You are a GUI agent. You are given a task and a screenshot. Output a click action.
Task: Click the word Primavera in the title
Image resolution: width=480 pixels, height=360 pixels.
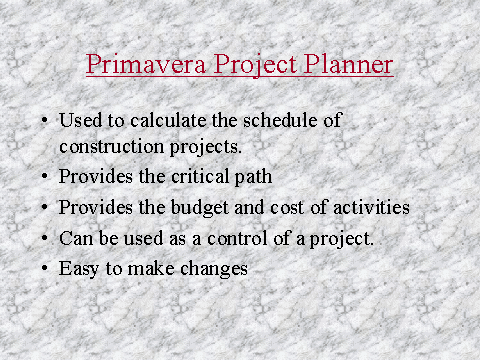click(x=133, y=65)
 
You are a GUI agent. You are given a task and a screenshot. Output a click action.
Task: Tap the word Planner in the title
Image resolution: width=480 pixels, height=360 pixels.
click(x=351, y=65)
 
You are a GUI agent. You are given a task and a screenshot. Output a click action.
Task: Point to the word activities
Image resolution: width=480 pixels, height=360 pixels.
click(x=373, y=209)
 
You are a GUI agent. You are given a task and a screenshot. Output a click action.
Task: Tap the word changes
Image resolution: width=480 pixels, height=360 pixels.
click(x=212, y=269)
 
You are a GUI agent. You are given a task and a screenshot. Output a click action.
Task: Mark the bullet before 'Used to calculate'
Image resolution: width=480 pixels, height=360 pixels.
click(x=44, y=121)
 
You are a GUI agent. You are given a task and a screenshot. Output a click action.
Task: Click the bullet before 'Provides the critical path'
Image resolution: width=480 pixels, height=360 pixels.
click(x=44, y=179)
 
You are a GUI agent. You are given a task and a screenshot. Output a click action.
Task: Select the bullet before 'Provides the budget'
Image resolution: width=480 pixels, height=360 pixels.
click(x=44, y=209)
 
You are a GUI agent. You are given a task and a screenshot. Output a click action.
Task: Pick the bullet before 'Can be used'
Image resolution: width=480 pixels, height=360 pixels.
click(x=44, y=239)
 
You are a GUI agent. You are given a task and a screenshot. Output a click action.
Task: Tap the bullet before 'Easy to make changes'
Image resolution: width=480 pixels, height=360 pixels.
click(x=44, y=269)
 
